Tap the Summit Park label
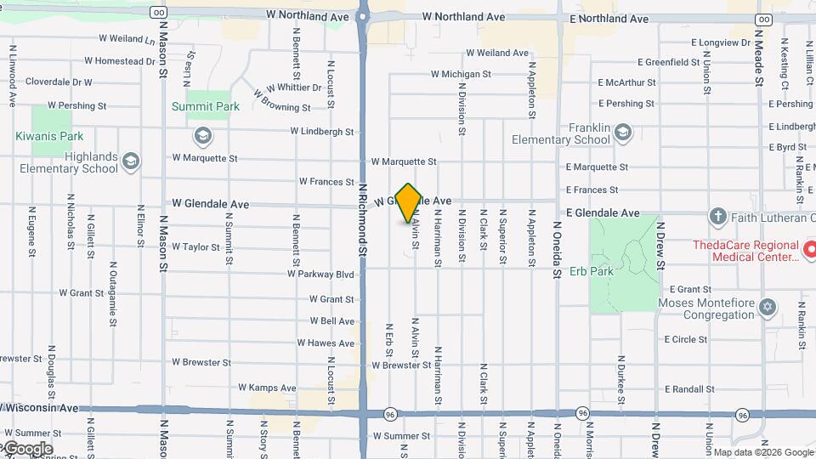pos(206,107)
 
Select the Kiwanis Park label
pos(49,136)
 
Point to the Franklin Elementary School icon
pos(623,133)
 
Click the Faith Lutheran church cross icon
pos(717,217)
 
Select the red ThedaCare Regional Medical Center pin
pos(809,251)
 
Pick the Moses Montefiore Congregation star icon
pos(768,307)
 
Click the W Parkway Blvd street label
pos(320,275)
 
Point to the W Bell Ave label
pos(332,321)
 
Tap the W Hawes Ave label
pos(326,343)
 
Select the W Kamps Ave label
pos(268,388)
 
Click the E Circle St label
pos(686,339)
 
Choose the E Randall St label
pos(689,388)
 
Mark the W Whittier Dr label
pos(293,88)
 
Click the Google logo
pos(27,449)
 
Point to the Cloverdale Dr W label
pos(59,82)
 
